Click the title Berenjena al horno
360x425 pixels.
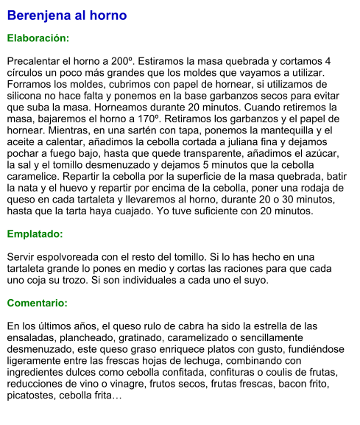[x=67, y=15]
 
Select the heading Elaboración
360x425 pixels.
[x=38, y=38]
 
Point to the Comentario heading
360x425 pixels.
[x=38, y=303]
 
